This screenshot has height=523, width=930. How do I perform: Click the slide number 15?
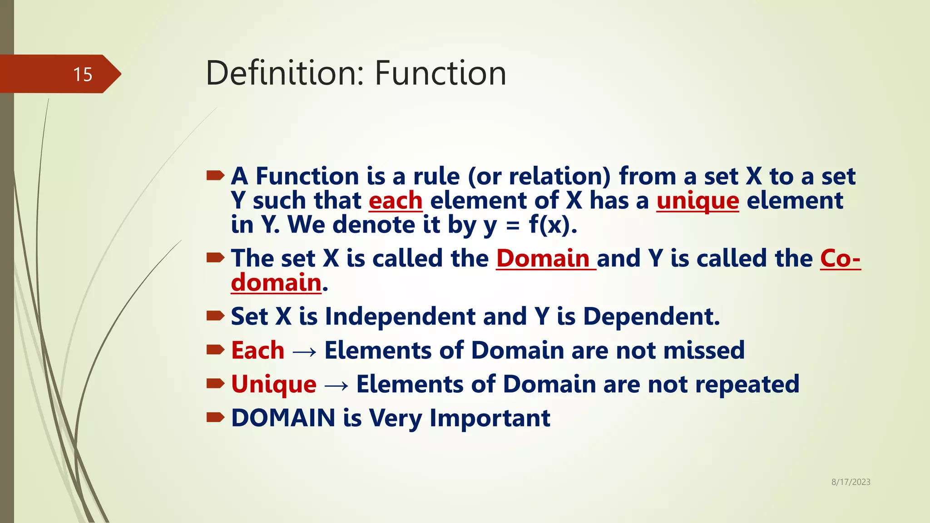click(83, 74)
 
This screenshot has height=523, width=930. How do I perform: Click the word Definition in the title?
click(285, 73)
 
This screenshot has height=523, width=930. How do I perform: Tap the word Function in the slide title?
click(440, 73)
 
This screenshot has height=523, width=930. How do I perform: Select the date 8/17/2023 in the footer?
click(851, 482)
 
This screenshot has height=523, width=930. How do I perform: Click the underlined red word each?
click(395, 201)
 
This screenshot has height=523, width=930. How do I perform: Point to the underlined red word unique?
click(697, 201)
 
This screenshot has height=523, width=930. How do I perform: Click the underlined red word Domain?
click(543, 259)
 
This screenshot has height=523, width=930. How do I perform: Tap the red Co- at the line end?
click(840, 259)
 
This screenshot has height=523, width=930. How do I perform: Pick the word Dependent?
click(651, 316)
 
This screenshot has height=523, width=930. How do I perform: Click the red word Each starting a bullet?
click(257, 350)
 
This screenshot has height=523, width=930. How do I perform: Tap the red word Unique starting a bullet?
click(273, 385)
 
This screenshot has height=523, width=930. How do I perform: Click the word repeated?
click(747, 385)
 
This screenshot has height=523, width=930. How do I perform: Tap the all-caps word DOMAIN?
click(283, 418)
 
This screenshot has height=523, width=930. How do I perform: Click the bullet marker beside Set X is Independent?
click(215, 316)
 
